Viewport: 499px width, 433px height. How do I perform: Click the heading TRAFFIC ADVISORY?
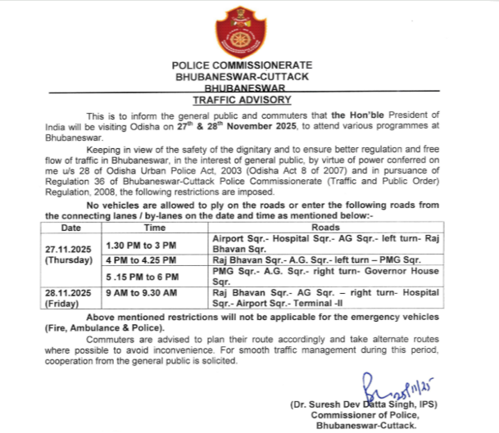click(242, 99)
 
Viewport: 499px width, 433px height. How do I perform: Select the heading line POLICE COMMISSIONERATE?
click(242, 64)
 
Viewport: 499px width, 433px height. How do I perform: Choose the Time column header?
click(156, 226)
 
